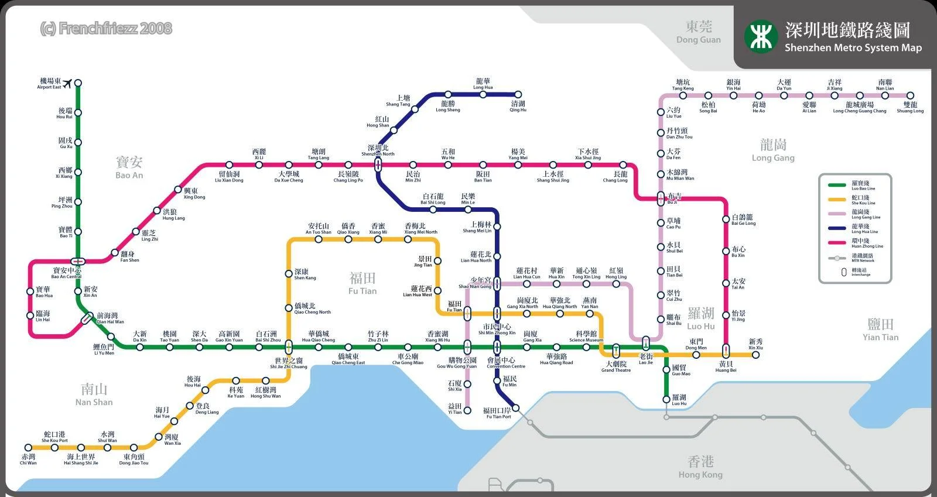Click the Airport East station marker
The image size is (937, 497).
(x=78, y=83)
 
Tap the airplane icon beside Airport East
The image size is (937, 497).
(x=66, y=83)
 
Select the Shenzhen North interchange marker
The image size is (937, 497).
(x=378, y=165)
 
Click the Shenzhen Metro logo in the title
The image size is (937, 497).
(x=760, y=36)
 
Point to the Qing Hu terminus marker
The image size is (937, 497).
(x=518, y=94)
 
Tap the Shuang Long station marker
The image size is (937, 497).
(x=910, y=95)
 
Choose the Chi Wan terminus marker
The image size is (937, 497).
(x=28, y=448)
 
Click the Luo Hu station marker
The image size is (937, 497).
(x=666, y=399)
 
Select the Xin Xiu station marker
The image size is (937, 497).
(x=755, y=354)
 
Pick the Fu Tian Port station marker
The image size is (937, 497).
(x=515, y=408)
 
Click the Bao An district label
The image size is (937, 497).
(x=129, y=166)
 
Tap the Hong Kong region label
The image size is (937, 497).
(x=700, y=467)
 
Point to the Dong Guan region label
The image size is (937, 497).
(x=699, y=32)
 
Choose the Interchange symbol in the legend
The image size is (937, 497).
(x=843, y=272)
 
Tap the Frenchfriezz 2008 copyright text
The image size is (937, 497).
(x=106, y=28)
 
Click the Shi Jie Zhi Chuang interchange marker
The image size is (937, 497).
(x=289, y=347)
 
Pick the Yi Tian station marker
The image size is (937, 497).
(x=467, y=410)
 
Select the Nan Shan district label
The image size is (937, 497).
(x=94, y=394)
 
